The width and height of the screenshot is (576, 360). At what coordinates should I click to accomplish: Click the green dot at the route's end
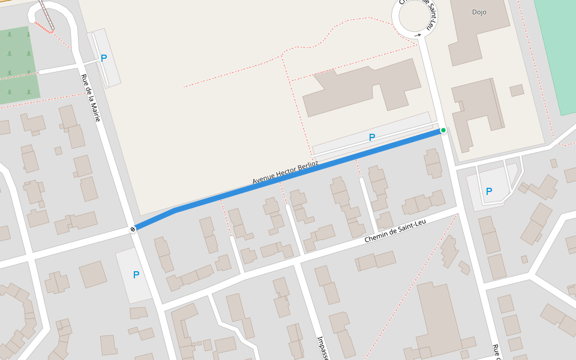(443, 130)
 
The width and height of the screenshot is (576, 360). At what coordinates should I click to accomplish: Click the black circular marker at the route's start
(132, 229)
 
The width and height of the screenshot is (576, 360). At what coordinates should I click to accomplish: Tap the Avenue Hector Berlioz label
(285, 172)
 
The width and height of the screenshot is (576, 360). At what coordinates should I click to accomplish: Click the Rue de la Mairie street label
(90, 97)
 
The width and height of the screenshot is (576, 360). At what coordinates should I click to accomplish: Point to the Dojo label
(479, 12)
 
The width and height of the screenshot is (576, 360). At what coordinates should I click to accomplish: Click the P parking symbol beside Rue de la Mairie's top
(104, 58)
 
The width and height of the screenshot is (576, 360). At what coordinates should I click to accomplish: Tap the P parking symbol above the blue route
(372, 137)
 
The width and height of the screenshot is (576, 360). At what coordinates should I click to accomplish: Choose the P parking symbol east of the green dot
(489, 191)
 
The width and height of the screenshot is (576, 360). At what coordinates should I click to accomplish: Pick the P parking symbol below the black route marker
(136, 275)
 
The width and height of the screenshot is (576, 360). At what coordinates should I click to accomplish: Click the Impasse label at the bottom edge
(322, 347)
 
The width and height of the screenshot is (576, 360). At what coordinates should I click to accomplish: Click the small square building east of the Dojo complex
(517, 91)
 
